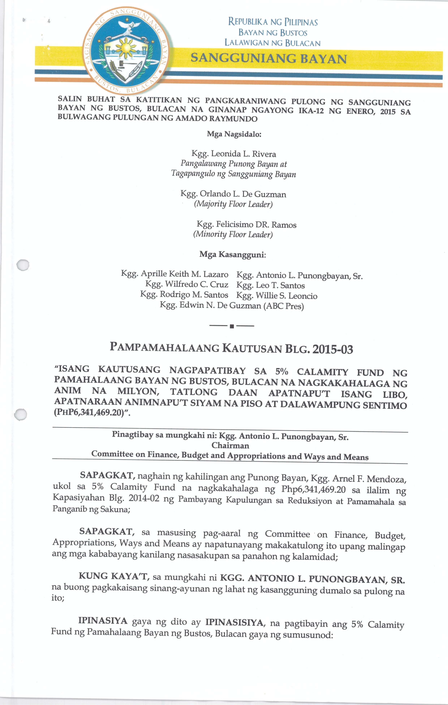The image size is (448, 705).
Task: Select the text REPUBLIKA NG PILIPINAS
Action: [273, 22]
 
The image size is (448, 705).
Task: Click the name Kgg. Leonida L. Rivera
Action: [233, 154]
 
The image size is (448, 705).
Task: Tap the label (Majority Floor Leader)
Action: [233, 204]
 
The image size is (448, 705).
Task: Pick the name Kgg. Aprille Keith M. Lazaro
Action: [175, 274]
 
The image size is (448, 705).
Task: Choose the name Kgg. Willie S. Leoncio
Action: [277, 296]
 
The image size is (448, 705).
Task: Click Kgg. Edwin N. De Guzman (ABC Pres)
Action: [232, 306]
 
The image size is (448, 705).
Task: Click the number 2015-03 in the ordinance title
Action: [333, 350]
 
